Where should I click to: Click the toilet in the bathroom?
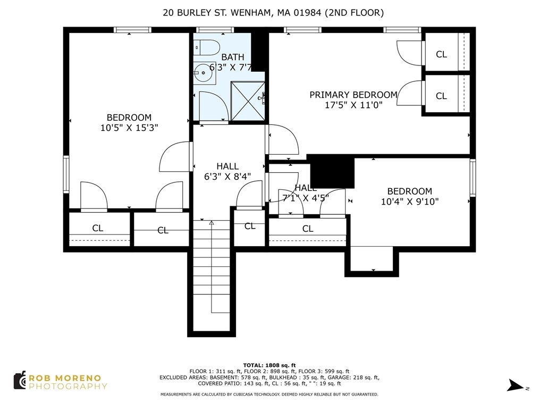tap(206, 47)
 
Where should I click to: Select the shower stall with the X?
tap(248, 101)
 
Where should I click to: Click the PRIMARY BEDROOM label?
tap(353, 95)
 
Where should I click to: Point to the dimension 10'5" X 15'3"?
tap(129, 128)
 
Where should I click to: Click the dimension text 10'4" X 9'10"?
tap(410, 201)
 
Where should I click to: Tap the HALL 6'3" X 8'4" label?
tap(228, 171)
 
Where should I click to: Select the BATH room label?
tap(233, 57)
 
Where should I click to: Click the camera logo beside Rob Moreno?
tap(20, 380)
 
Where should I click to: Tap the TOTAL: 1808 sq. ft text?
tap(269, 365)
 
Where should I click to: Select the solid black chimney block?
tap(332, 171)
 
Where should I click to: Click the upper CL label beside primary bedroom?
tap(441, 54)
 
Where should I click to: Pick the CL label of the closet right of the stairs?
tap(250, 226)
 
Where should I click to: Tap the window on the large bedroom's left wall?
tap(66, 174)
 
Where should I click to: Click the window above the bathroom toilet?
tap(215, 30)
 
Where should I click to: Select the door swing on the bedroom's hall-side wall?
tap(174, 156)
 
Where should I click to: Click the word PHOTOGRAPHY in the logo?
tap(68, 387)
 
